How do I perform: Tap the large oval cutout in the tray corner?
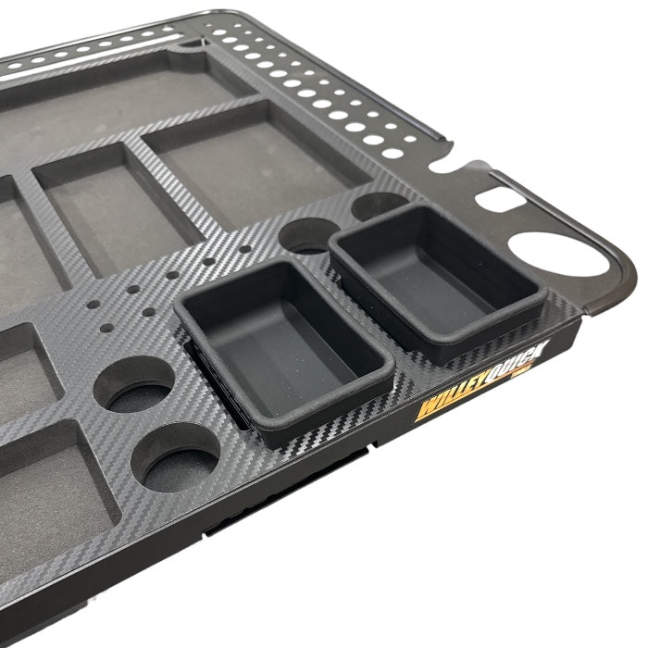pyautogui.click(x=554, y=250)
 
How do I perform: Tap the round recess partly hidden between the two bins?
pyautogui.click(x=305, y=237)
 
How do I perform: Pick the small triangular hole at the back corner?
pyautogui.click(x=189, y=42)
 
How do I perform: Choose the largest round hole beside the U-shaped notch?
pyautogui.click(x=398, y=152)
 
